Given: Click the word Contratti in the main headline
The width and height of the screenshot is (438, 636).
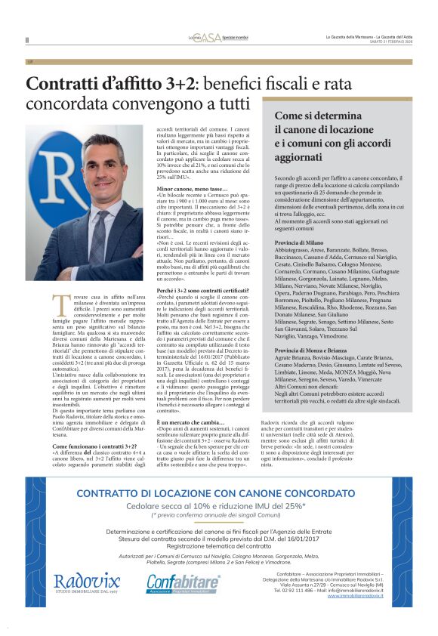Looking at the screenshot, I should [x=63, y=85].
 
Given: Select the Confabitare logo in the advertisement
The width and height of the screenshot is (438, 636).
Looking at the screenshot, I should [x=183, y=582].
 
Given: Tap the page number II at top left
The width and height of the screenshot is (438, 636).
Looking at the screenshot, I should [x=27, y=40].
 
